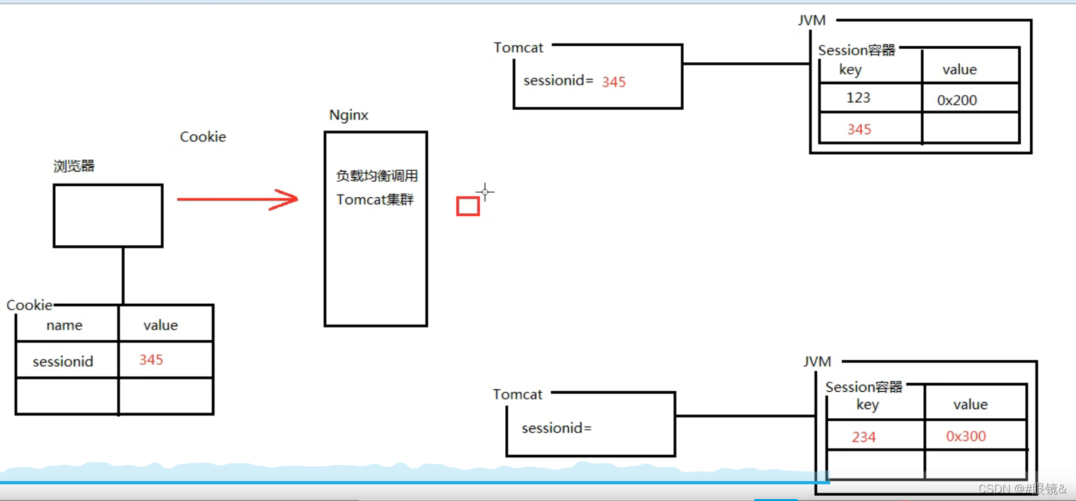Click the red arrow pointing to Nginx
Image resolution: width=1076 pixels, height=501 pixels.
[238, 199]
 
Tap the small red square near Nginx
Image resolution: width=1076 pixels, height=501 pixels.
[468, 206]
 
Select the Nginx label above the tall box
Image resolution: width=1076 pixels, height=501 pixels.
[349, 115]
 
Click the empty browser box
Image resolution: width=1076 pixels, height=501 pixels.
[108, 216]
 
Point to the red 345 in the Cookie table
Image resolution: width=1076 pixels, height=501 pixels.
[152, 360]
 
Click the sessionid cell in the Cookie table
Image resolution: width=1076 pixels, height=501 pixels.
[63, 362]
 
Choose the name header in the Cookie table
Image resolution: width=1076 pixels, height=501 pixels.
[64, 325]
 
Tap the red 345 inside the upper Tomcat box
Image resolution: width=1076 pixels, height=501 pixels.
[614, 82]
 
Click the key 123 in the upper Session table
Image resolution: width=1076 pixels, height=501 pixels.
[858, 98]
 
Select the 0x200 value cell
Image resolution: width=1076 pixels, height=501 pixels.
[957, 100]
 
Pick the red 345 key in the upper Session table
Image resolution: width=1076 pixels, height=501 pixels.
[859, 130]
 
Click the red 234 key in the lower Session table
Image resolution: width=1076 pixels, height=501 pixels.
[863, 437]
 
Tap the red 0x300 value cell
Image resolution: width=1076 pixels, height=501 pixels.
[966, 437]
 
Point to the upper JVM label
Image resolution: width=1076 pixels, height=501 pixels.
[811, 21]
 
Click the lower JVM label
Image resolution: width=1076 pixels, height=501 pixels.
[817, 362]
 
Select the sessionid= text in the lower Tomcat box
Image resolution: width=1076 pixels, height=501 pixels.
[557, 428]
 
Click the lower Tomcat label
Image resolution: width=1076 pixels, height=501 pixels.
[517, 394]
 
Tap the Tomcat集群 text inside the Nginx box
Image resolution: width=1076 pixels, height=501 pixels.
[375, 200]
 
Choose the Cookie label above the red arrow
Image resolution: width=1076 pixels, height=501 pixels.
[203, 137]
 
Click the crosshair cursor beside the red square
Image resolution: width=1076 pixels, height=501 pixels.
[485, 191]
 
